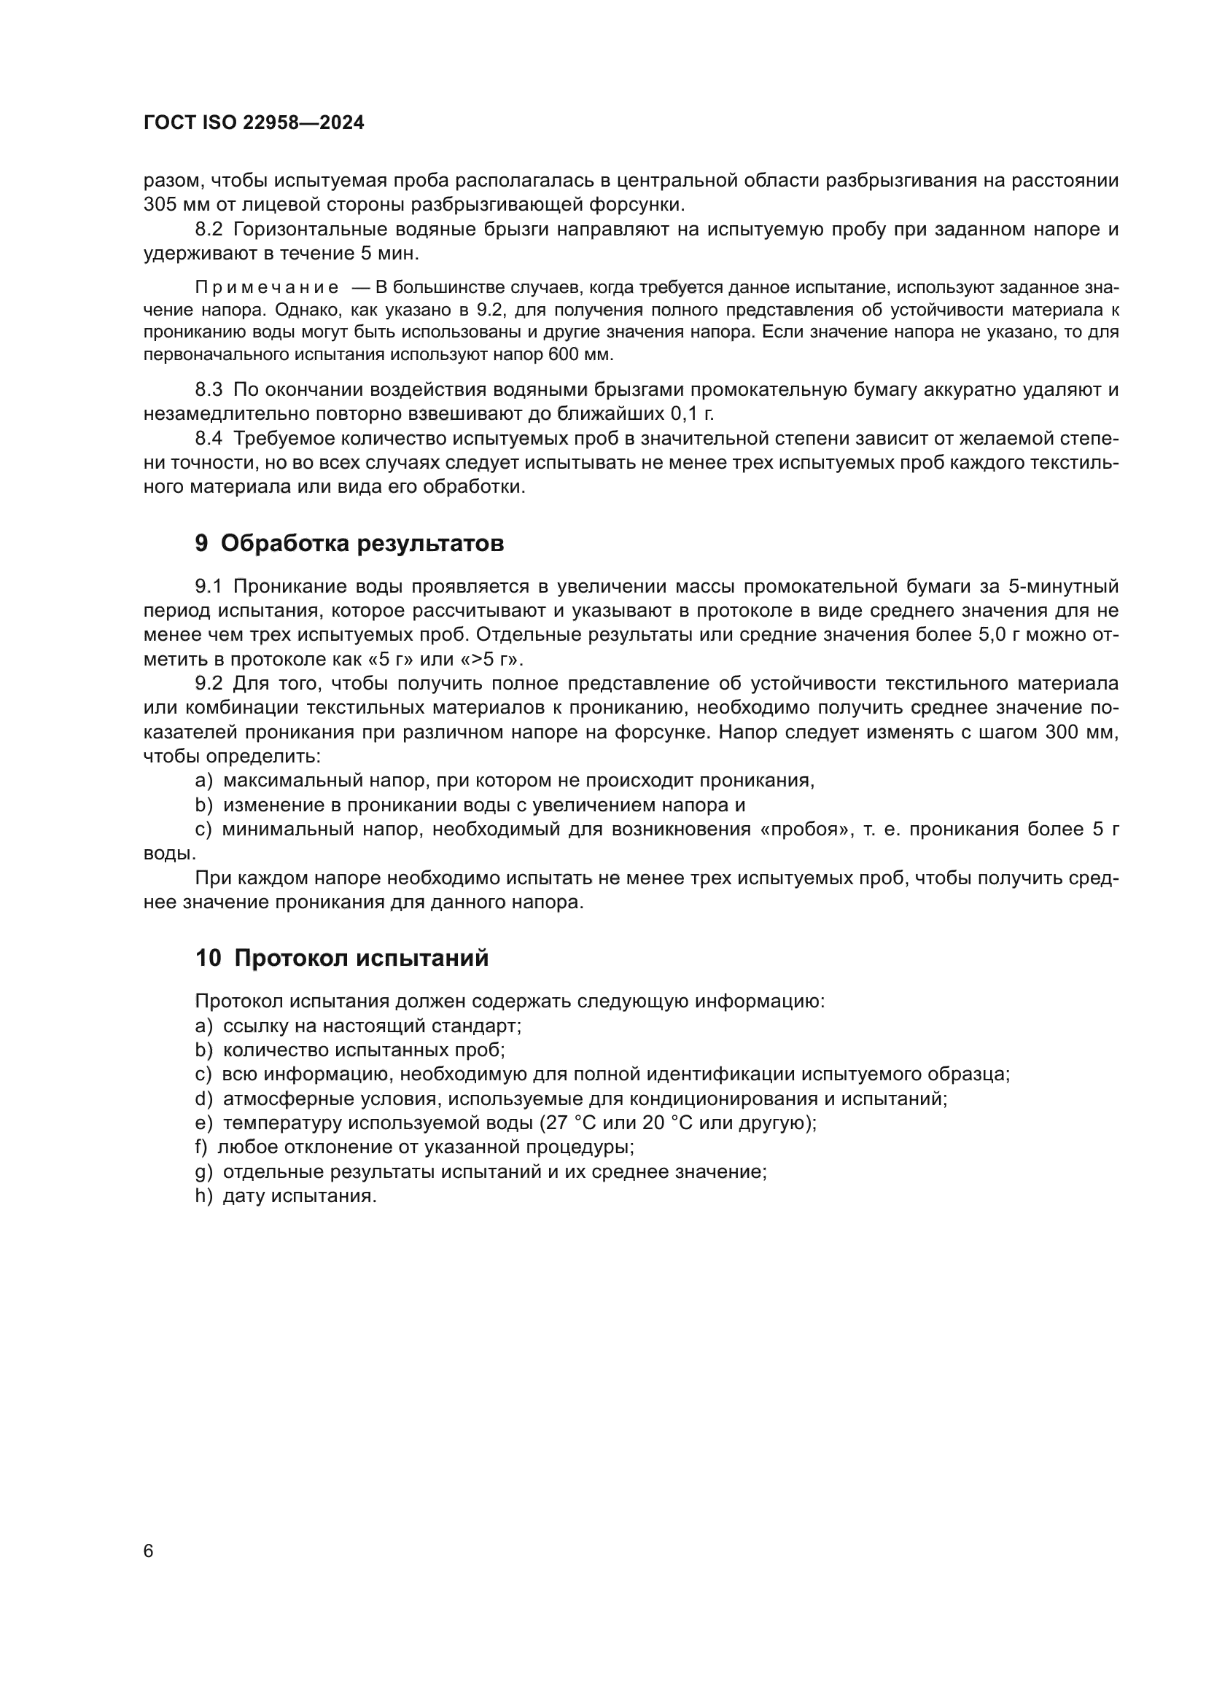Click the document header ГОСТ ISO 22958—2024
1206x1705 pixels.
(x=253, y=123)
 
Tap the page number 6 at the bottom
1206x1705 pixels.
(x=149, y=1550)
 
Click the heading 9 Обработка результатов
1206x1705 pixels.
(x=349, y=544)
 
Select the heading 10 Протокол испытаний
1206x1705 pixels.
(x=341, y=958)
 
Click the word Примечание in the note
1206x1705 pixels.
(x=267, y=287)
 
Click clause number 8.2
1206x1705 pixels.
(x=209, y=230)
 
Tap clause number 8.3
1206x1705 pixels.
(x=209, y=389)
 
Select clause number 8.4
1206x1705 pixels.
(x=209, y=438)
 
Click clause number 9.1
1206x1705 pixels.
(x=209, y=587)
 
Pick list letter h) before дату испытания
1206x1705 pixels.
(x=203, y=1196)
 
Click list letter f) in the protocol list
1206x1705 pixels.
(x=201, y=1147)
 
